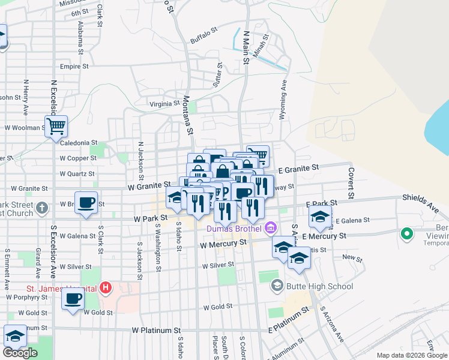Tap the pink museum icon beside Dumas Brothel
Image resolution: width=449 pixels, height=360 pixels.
[271, 228]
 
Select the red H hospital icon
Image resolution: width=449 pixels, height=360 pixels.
[106, 288]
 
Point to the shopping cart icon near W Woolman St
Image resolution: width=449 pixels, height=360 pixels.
[56, 127]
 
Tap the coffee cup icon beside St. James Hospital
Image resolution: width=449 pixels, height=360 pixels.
[73, 299]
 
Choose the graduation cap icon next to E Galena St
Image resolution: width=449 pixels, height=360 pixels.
[321, 217]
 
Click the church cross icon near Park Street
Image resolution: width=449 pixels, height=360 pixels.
[41, 208]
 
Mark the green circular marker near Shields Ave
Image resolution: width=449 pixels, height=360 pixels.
[407, 234]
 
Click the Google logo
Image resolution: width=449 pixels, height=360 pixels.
[20, 353]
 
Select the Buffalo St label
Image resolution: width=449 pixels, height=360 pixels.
[202, 40]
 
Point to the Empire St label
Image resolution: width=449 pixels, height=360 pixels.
[74, 67]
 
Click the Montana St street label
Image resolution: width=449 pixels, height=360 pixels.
[188, 115]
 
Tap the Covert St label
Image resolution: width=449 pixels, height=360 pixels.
[350, 182]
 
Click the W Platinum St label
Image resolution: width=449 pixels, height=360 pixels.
[156, 330]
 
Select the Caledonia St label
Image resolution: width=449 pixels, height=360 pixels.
[77, 143]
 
